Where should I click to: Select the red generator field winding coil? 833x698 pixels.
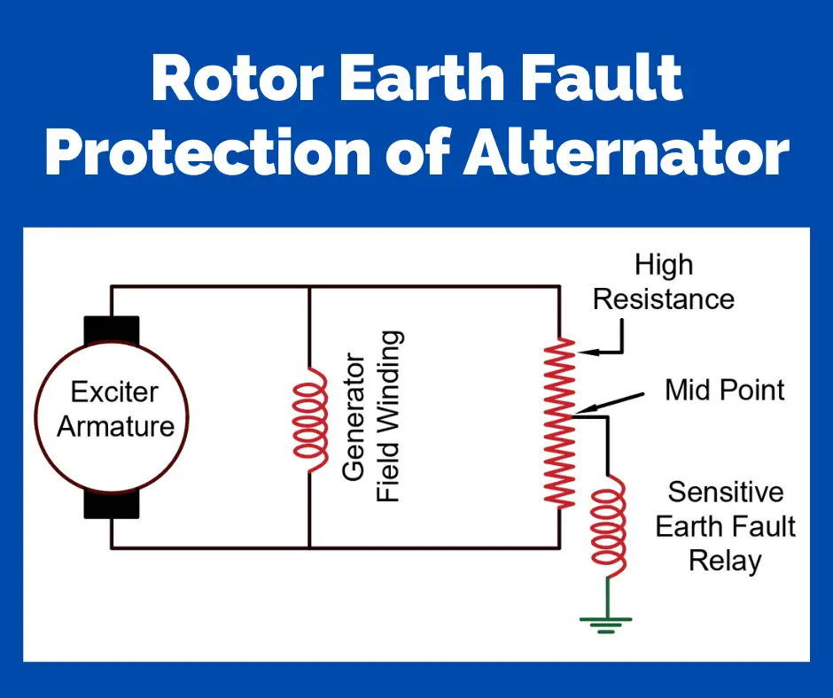[x=310, y=415]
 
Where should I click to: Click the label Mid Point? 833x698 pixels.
[x=724, y=390]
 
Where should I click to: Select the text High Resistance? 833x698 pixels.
[x=664, y=282]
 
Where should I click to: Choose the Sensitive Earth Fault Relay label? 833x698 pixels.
[x=725, y=526]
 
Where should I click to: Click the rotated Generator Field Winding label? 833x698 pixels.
[x=371, y=416]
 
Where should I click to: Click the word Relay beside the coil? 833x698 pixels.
[x=725, y=561]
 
